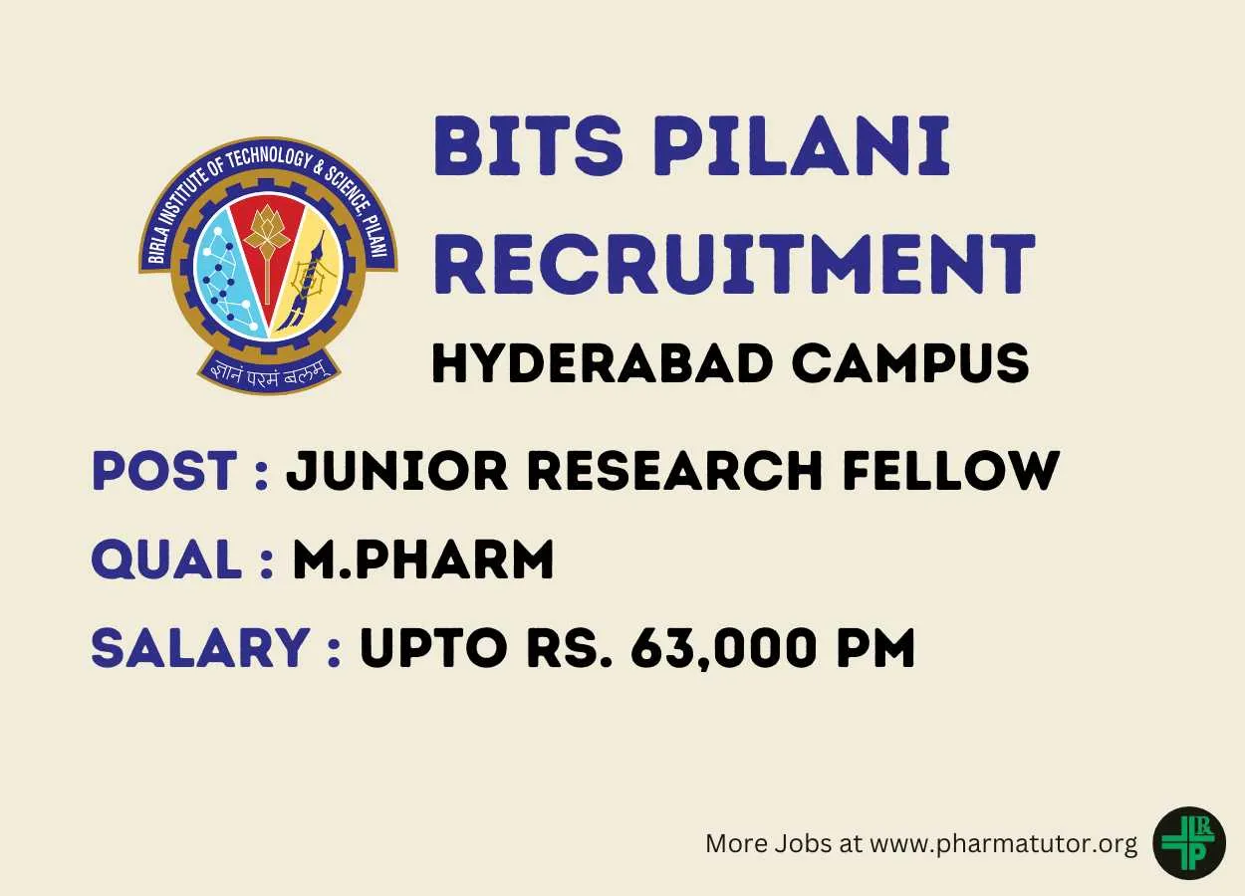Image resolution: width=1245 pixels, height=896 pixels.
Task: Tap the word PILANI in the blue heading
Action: point(801,146)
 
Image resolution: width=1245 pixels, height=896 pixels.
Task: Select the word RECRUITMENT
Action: point(734,264)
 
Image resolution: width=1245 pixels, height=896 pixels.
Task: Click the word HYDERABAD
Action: point(602,363)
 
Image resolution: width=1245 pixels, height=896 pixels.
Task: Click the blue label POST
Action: point(164,470)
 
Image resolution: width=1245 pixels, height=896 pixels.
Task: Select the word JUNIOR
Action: point(396,470)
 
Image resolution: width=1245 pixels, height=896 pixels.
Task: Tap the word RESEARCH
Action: point(674,470)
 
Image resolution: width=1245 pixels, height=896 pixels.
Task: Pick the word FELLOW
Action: point(951,470)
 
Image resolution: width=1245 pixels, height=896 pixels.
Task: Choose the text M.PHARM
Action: point(423,559)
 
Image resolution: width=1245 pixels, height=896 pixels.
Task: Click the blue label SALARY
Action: point(200,648)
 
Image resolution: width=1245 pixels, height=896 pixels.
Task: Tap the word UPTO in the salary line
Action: point(433,648)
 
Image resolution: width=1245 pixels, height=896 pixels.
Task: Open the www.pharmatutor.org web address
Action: point(1003,844)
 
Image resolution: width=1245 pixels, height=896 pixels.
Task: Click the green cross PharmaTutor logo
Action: point(1189,842)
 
